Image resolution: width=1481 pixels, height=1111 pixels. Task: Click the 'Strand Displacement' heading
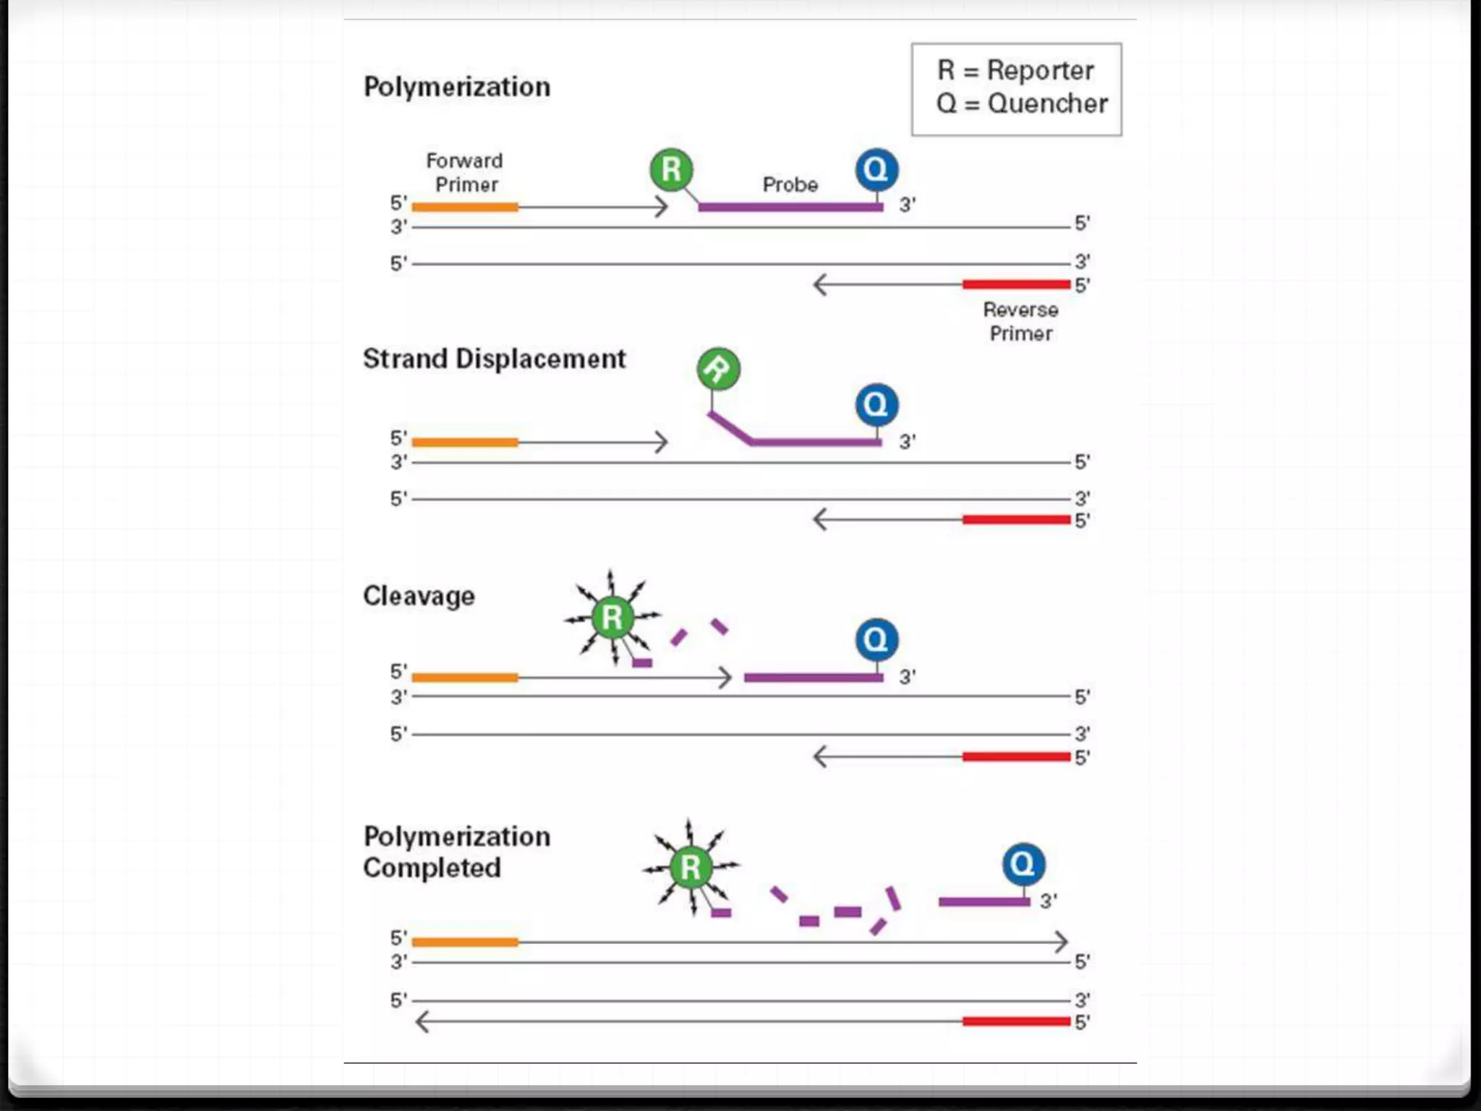pos(494,359)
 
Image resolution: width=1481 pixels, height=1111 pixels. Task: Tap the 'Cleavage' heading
pos(419,597)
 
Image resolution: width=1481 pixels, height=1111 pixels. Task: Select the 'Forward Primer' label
pos(465,172)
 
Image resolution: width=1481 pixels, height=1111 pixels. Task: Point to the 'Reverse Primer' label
pos(1020,322)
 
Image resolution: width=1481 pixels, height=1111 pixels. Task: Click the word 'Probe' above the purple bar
pos(790,185)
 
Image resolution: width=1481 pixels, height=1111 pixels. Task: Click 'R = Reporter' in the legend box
pos(1015,71)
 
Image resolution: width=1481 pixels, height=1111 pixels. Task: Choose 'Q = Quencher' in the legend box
pos(1021,104)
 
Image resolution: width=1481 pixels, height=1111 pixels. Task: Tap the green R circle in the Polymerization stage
pos(671,170)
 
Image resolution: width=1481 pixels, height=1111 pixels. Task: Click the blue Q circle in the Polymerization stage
pos(876,170)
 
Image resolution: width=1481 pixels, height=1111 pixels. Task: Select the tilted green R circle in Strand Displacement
pos(718,369)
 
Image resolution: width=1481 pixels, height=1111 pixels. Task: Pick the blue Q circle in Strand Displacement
pos(876,404)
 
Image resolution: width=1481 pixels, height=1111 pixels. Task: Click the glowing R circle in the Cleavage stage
pos(612,618)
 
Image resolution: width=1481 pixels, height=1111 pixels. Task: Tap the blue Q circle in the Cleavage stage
pos(876,639)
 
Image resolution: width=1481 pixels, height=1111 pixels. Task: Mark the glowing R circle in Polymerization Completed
pos(691,867)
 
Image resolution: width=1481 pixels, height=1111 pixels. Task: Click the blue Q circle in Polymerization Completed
pos(1023,864)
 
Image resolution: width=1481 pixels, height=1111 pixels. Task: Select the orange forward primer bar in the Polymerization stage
pos(465,208)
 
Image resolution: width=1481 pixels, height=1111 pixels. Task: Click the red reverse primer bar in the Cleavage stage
pos(1016,757)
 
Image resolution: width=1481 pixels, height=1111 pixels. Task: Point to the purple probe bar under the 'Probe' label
pos(790,208)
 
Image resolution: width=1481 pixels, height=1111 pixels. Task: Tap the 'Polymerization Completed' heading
pos(456,852)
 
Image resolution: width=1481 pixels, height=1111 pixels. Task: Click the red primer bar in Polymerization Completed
pos(1016,1021)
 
